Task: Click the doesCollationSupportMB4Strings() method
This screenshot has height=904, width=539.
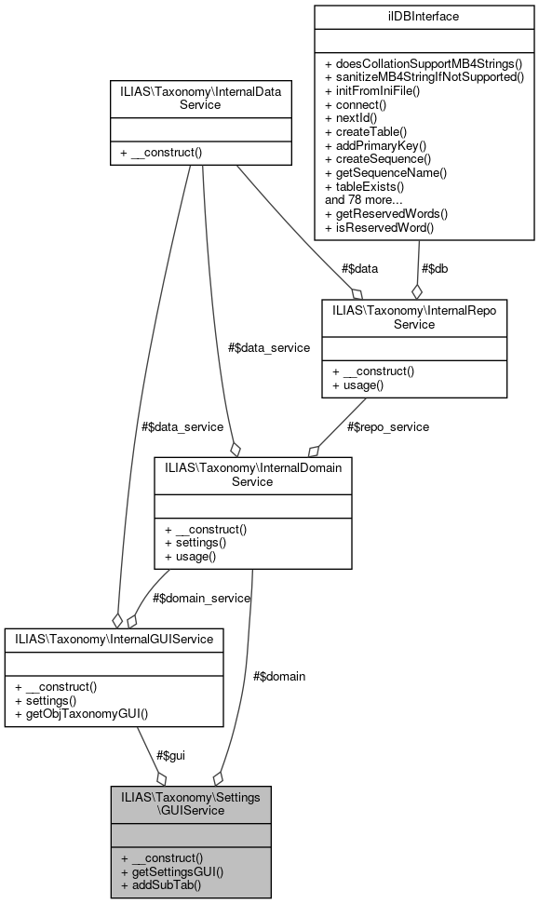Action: point(424,62)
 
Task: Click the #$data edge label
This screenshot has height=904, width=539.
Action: point(359,268)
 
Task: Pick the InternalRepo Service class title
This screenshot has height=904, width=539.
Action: point(414,317)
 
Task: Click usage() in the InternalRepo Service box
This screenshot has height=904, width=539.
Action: point(354,385)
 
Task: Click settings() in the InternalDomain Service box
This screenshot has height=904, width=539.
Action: point(195,543)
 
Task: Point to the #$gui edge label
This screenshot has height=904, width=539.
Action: point(169,755)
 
